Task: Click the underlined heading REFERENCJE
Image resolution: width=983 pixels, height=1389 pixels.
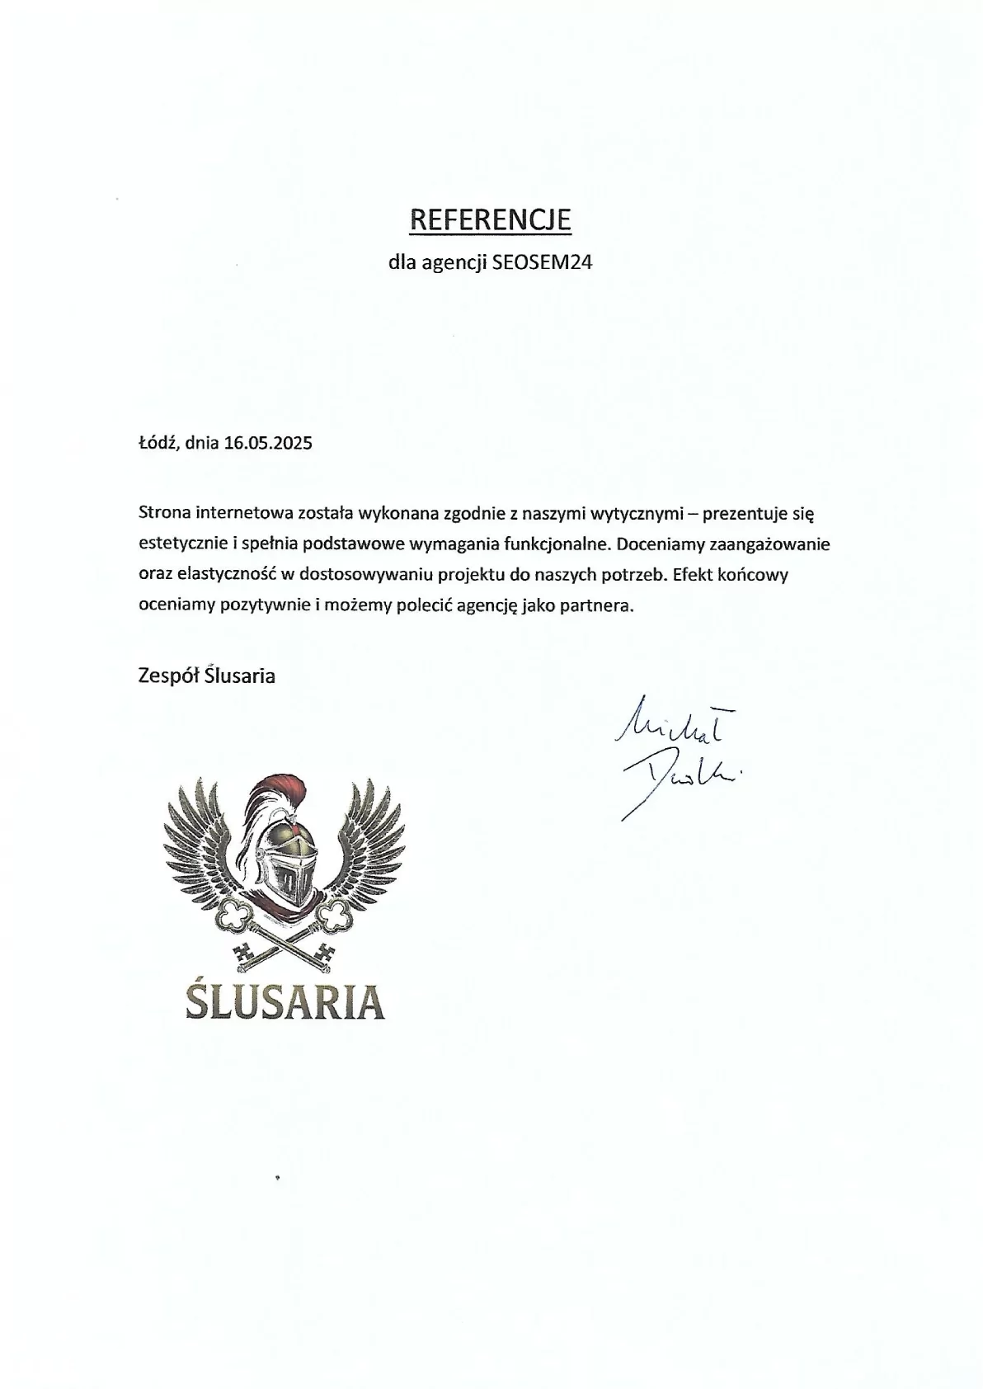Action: (x=491, y=219)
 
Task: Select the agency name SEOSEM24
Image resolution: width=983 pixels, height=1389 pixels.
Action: (x=542, y=263)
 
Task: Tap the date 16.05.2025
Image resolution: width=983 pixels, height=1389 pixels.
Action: (x=268, y=443)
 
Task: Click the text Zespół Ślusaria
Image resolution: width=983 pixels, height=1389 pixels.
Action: (x=207, y=676)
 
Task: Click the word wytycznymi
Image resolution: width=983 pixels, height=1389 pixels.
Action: (x=637, y=514)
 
